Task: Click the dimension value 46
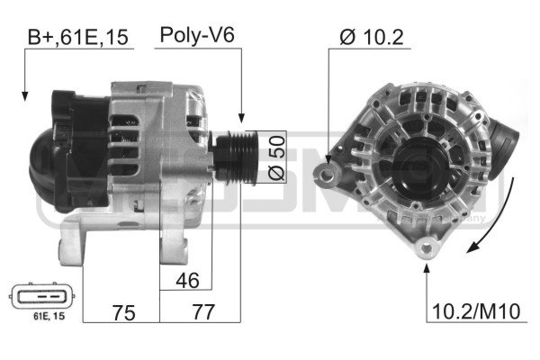[x=185, y=281]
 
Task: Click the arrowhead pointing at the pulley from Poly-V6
[x=240, y=117]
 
